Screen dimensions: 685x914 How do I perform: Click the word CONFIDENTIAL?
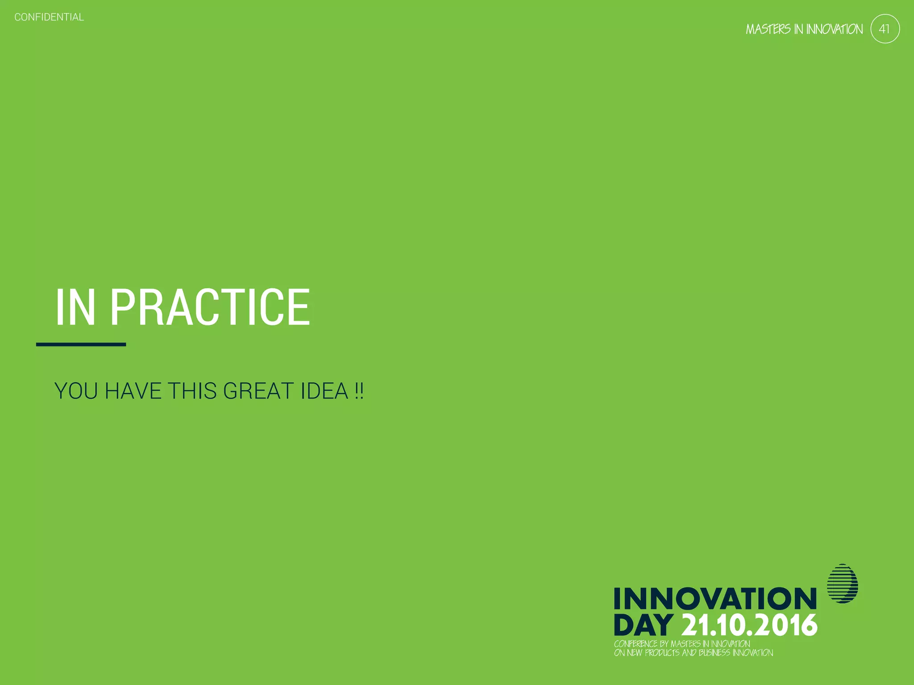point(49,17)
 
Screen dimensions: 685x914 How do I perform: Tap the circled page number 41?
point(885,29)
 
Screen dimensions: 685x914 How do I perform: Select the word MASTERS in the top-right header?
point(768,29)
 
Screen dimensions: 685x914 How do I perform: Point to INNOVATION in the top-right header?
point(834,29)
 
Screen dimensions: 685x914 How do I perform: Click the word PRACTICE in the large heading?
point(210,307)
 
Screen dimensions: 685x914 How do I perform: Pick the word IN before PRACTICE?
point(75,307)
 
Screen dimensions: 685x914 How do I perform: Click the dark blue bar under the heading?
point(81,344)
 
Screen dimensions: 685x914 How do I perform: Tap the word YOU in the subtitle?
point(76,391)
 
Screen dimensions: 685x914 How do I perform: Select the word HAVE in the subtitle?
point(133,391)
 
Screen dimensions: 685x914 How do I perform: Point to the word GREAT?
point(258,391)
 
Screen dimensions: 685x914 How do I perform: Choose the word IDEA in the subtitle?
point(324,391)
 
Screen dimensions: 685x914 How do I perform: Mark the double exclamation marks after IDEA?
point(359,391)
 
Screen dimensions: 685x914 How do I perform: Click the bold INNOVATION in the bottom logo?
point(715,598)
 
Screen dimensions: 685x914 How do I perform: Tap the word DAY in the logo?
point(643,625)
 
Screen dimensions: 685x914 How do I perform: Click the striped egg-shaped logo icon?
point(842,584)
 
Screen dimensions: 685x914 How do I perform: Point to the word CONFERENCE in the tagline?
point(636,644)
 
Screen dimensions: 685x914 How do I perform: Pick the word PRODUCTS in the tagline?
point(662,653)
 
